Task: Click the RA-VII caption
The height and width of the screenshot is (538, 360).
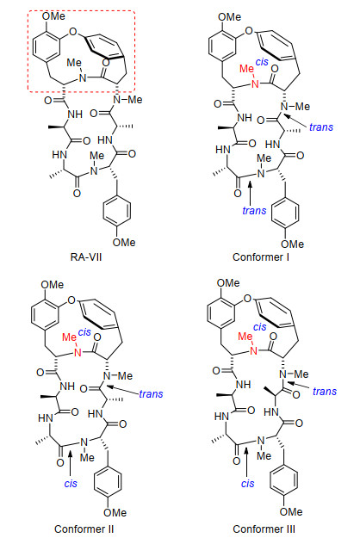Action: tap(86, 257)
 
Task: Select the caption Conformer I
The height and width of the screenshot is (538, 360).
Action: tap(261, 257)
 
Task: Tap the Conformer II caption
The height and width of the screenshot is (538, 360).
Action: tap(84, 529)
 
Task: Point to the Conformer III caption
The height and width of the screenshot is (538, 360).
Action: tap(264, 529)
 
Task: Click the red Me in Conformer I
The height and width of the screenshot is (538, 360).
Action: tap(246, 69)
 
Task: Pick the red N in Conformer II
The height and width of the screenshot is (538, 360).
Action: tap(78, 352)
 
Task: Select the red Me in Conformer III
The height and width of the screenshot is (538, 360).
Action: tap(245, 337)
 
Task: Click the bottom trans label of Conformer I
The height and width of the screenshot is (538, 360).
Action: tap(254, 210)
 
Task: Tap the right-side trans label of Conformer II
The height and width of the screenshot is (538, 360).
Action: tap(151, 394)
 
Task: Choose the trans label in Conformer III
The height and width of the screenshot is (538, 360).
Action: tap(325, 391)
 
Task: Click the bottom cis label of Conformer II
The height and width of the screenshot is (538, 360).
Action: tap(71, 484)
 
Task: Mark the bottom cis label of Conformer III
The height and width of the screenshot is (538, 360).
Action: tap(248, 484)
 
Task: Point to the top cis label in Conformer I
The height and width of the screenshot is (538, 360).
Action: tap(262, 62)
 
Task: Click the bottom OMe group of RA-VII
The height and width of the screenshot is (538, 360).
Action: tap(124, 242)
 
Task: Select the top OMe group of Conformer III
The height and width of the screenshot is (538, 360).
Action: tap(228, 283)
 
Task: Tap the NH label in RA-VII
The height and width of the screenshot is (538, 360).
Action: tap(75, 114)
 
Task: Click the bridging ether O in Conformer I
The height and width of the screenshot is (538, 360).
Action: tap(249, 31)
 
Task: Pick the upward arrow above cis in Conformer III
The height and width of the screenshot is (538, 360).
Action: tap(246, 461)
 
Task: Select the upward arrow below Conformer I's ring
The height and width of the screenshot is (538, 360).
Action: tap(250, 192)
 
